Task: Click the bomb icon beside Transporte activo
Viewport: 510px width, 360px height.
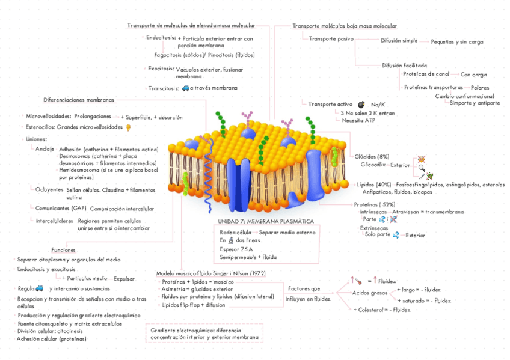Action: pyautogui.click(x=361, y=105)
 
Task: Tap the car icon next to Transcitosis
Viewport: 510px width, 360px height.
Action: pyautogui.click(x=185, y=88)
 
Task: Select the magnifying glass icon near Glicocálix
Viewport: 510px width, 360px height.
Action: pyautogui.click(x=422, y=168)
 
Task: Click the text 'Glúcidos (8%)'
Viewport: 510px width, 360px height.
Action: pyautogui.click(x=372, y=156)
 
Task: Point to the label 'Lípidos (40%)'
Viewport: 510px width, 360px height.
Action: pyautogui.click(x=373, y=184)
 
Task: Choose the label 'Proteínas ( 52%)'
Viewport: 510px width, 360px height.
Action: pyautogui.click(x=370, y=204)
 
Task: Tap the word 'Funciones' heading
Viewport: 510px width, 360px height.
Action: pyautogui.click(x=63, y=249)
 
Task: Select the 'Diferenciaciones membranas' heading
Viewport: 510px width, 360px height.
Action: pyautogui.click(x=78, y=100)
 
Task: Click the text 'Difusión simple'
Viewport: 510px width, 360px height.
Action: pyautogui.click(x=399, y=40)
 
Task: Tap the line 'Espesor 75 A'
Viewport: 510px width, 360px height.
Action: pyautogui.click(x=236, y=249)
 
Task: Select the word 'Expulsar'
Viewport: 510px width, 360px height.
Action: pyautogui.click(x=124, y=279)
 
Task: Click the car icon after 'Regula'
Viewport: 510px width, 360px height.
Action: pyautogui.click(x=40, y=288)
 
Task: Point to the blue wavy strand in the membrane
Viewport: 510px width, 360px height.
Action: pyautogui.click(x=209, y=174)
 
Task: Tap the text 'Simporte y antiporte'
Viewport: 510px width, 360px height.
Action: pyautogui.click(x=475, y=103)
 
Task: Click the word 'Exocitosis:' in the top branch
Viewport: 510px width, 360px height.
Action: pyautogui.click(x=161, y=69)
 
